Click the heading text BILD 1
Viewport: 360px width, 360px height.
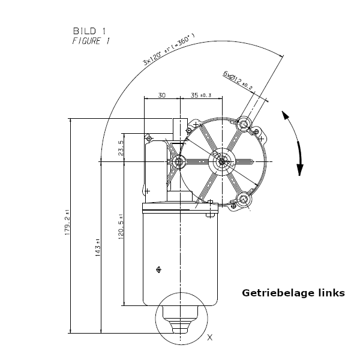pyautogui.click(x=91, y=31)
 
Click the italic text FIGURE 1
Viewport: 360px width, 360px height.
pyautogui.click(x=91, y=41)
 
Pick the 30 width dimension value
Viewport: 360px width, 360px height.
pyautogui.click(x=162, y=95)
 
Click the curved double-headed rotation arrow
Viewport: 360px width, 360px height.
pyautogui.click(x=294, y=144)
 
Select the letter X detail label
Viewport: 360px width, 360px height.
pyautogui.click(x=209, y=338)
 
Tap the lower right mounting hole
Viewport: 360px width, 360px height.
pyautogui.click(x=244, y=200)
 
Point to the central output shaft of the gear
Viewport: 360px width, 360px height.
pyautogui.click(x=222, y=161)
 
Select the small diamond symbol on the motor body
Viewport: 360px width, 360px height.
pyautogui.click(x=158, y=269)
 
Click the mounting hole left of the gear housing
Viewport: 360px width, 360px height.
pyautogui.click(x=178, y=161)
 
